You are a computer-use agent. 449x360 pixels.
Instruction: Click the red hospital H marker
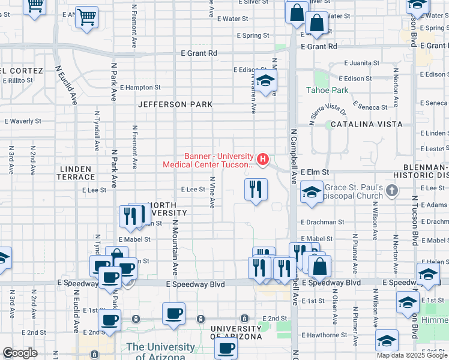tap(262, 159)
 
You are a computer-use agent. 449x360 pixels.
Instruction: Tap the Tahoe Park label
tap(327, 90)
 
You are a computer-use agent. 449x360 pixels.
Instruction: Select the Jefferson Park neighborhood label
tap(175, 104)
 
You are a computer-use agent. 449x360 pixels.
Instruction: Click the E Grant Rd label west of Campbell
tap(199, 53)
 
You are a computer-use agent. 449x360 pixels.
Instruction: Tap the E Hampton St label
tap(140, 88)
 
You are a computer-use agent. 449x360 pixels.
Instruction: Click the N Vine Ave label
tap(212, 192)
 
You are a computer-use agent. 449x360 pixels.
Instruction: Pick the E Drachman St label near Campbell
tap(323, 221)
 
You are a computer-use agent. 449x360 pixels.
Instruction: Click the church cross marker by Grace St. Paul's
tap(393, 191)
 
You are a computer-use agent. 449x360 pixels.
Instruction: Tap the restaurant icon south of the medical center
tap(256, 190)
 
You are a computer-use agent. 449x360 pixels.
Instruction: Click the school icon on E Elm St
tap(311, 193)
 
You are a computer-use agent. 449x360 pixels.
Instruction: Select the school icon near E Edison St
tap(265, 80)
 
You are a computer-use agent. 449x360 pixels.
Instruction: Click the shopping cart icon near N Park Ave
tap(87, 17)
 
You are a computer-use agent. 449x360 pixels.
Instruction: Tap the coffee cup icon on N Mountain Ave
tap(173, 313)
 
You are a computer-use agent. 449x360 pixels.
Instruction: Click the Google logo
tap(20, 353)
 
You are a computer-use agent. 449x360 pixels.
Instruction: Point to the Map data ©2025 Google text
tap(412, 355)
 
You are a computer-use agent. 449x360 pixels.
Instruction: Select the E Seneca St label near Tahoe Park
tap(371, 107)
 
